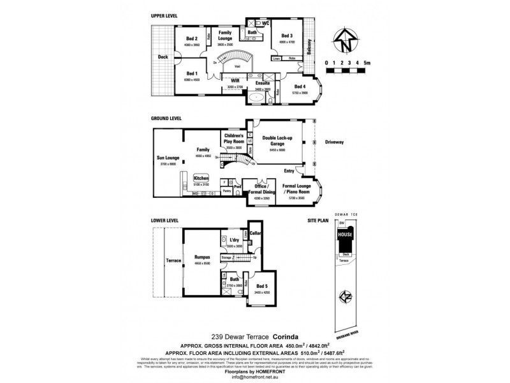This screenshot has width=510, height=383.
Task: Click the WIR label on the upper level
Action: point(234,79)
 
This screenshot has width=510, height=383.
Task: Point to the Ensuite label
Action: point(263,84)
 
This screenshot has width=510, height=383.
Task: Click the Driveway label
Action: point(334,142)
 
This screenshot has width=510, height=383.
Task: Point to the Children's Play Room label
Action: point(233,139)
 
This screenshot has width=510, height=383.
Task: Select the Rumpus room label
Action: point(202,259)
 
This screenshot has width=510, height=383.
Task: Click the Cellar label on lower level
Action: point(257,234)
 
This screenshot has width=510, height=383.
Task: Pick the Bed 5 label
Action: point(261,287)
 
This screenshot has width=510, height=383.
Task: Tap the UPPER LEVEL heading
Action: point(164,17)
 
